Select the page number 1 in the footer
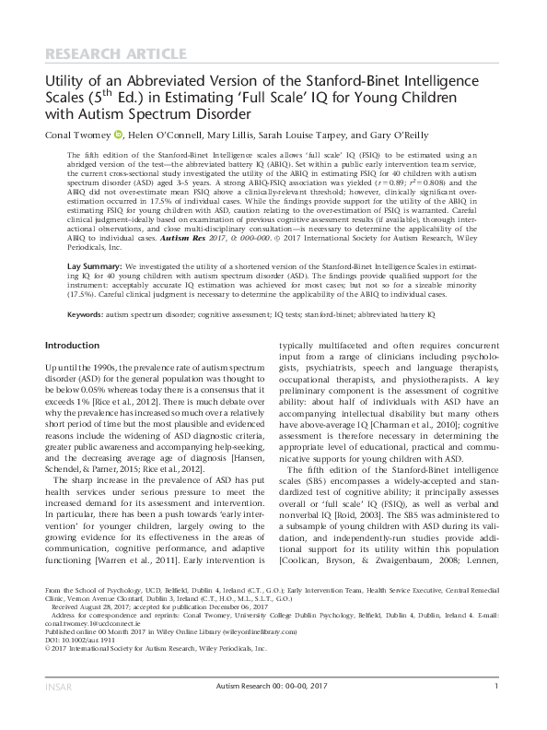495,711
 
